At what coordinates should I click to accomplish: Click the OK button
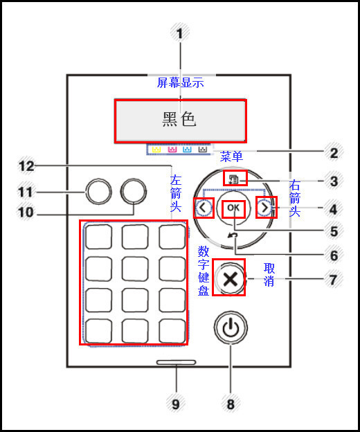pyautogui.click(x=233, y=208)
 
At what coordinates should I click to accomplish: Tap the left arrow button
pyautogui.click(x=204, y=208)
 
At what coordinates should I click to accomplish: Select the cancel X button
pyautogui.click(x=231, y=278)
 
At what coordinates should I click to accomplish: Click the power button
pyautogui.click(x=231, y=327)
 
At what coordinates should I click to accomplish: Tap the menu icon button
pyautogui.click(x=234, y=179)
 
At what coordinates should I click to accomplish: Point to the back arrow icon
pyautogui.click(x=233, y=235)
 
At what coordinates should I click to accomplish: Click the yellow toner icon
pyautogui.click(x=156, y=149)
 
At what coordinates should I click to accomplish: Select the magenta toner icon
pyautogui.click(x=172, y=149)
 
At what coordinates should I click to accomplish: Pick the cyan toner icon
pyautogui.click(x=188, y=149)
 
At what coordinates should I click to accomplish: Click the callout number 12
pyautogui.click(x=26, y=166)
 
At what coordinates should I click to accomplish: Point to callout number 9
pyautogui.click(x=176, y=404)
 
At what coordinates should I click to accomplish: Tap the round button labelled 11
pyautogui.click(x=98, y=192)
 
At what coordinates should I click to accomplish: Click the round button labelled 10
pyautogui.click(x=134, y=192)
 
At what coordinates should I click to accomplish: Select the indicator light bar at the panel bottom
pyautogui.click(x=177, y=362)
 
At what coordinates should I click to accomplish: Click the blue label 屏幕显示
pyautogui.click(x=181, y=82)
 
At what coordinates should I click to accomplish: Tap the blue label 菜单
pyautogui.click(x=231, y=156)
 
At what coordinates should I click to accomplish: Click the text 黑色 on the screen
pyautogui.click(x=179, y=120)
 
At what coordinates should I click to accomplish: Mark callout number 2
pyautogui.click(x=334, y=153)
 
